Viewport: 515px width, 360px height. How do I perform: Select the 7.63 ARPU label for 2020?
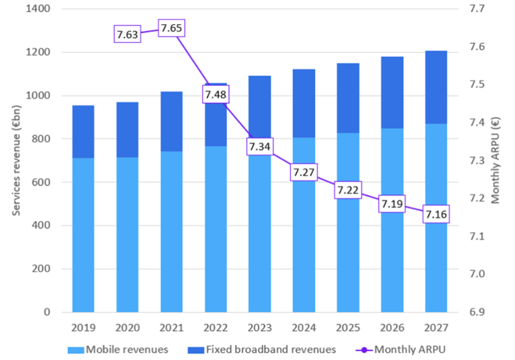coord(127,34)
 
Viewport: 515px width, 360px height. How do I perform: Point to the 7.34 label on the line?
coord(261,147)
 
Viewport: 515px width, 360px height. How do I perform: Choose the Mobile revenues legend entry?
coord(121,350)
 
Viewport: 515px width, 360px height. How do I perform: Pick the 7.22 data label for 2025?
coord(349,190)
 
